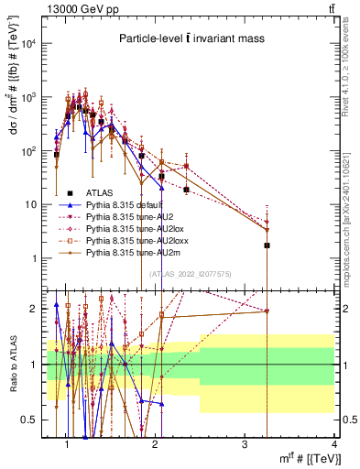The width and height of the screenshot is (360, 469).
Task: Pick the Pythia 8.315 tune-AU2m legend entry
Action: pyautogui.click(x=129, y=248)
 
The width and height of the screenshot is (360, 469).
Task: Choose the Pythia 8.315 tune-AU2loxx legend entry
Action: pyautogui.click(x=131, y=237)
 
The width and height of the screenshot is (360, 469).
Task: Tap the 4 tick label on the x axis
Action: pyautogui.click(x=333, y=444)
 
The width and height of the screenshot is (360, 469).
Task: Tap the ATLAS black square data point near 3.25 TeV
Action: pyautogui.click(x=267, y=245)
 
